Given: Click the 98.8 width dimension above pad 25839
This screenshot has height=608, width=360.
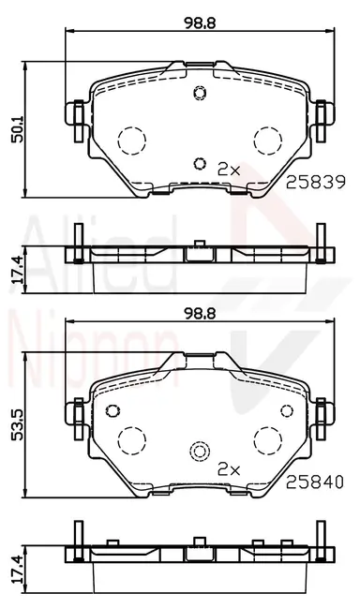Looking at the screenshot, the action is tap(200, 22).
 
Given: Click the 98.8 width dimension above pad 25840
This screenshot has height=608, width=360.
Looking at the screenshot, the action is tap(200, 313).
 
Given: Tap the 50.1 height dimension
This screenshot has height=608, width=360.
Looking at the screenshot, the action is tap(18, 129).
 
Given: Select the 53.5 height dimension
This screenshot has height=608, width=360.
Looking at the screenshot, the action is tap(18, 425).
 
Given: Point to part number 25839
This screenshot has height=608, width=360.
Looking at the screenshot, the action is tap(315, 183).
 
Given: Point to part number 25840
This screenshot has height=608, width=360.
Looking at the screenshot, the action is tap(315, 482).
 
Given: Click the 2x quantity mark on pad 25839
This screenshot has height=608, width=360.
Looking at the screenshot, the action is tap(230, 169).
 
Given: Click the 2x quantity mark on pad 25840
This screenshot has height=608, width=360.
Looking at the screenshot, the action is tap(229, 469).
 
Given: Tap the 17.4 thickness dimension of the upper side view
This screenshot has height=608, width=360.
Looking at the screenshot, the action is tap(18, 269).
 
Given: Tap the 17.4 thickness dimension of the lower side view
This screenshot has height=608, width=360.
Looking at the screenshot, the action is tap(18, 570).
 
